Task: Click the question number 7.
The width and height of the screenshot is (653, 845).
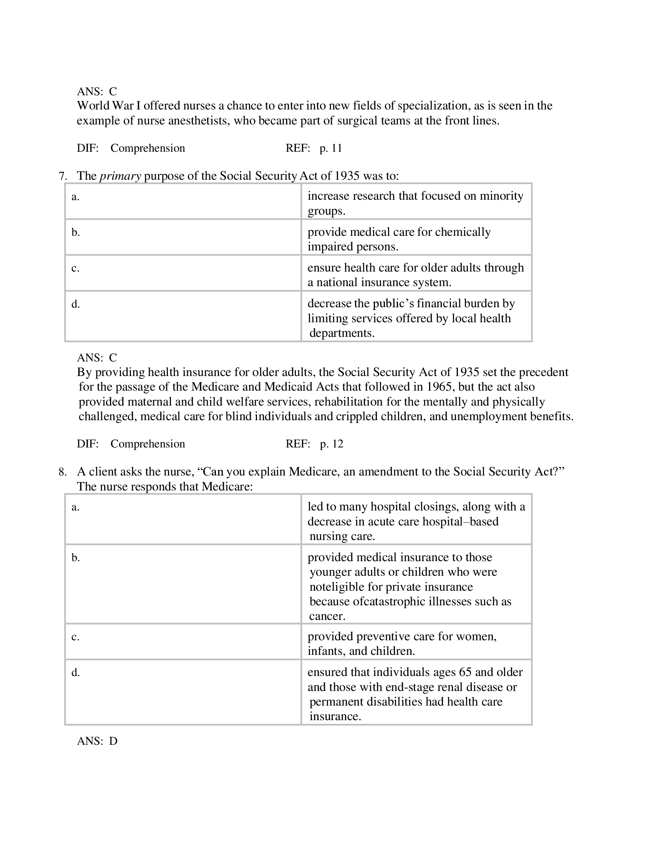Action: (62, 176)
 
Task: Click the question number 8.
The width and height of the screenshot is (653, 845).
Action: (62, 472)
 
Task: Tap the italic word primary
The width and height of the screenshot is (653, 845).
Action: (120, 176)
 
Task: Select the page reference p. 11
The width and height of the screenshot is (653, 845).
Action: (331, 148)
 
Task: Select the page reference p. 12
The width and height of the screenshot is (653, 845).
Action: (331, 444)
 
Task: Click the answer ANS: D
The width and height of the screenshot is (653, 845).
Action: (97, 741)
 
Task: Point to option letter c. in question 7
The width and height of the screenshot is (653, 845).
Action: (75, 268)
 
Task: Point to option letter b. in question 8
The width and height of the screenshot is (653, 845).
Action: (75, 558)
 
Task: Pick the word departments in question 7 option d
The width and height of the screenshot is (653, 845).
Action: (341, 333)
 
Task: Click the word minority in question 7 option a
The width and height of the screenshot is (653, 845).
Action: (501, 196)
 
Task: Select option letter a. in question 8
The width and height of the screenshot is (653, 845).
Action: (75, 507)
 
